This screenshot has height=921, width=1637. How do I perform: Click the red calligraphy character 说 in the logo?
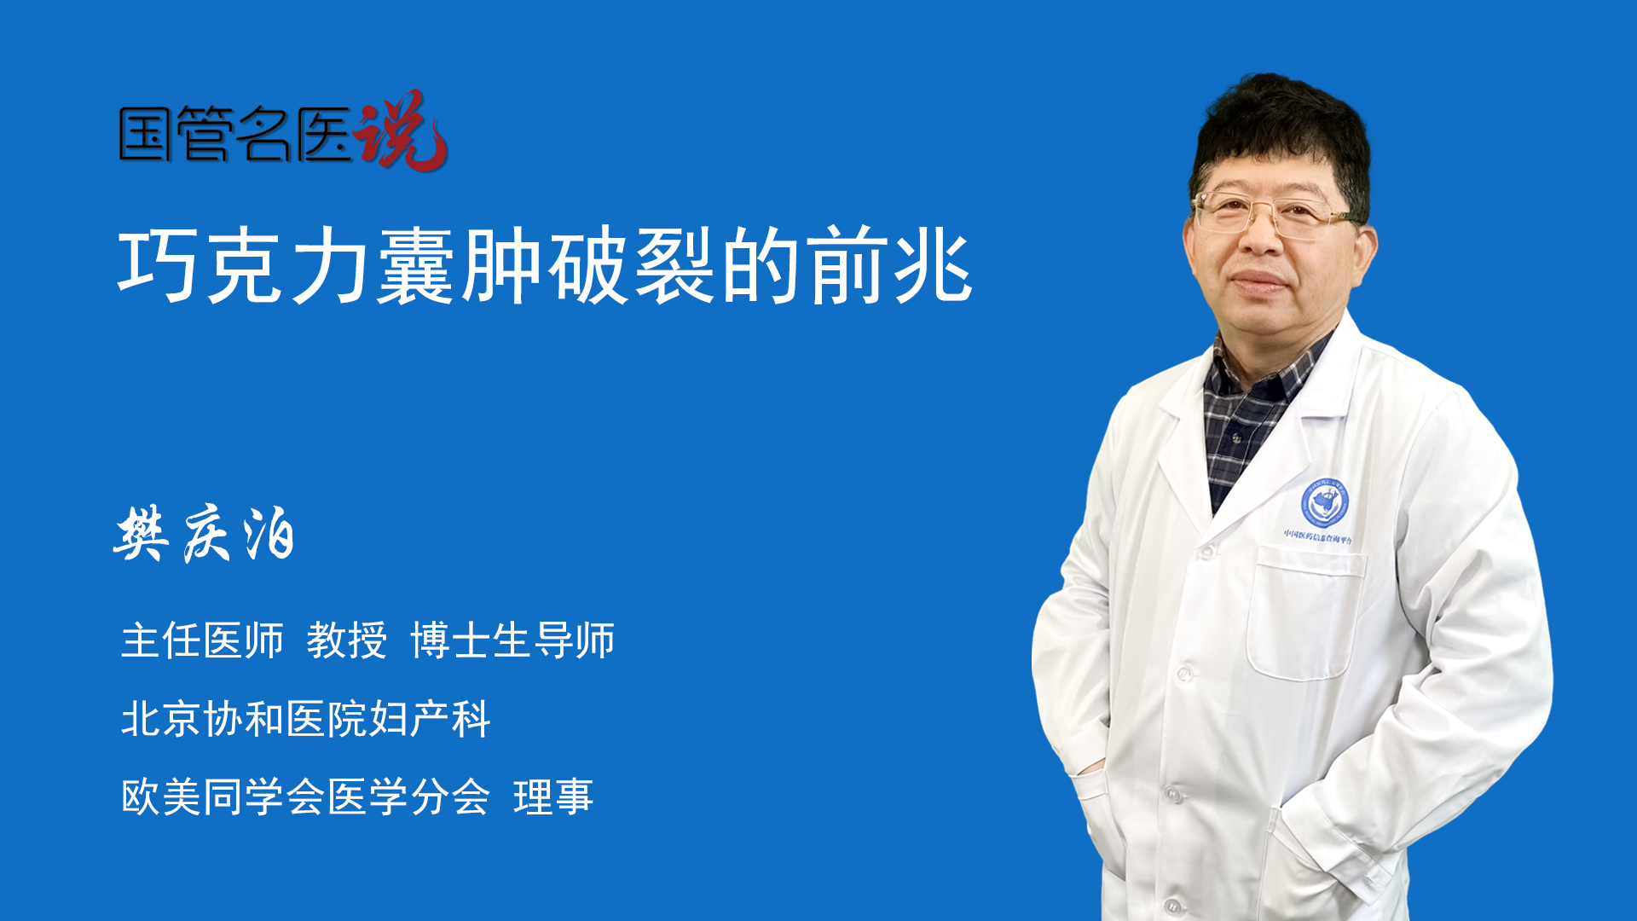(x=401, y=130)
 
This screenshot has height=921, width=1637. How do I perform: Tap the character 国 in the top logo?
(x=146, y=134)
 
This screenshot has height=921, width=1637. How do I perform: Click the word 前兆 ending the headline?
(x=889, y=266)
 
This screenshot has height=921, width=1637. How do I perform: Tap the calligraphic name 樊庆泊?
(x=205, y=534)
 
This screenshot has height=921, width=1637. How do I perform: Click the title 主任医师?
(x=202, y=640)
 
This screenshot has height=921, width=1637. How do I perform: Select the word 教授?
(x=347, y=640)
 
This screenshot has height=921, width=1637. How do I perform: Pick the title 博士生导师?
(x=512, y=640)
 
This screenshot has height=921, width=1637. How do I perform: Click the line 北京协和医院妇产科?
(x=305, y=719)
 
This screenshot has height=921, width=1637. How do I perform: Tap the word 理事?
(x=553, y=797)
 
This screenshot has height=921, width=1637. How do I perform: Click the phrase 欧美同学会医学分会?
(x=305, y=797)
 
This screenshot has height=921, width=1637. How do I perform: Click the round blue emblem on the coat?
(x=1324, y=502)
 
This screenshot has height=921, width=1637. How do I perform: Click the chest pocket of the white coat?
(x=1304, y=614)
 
